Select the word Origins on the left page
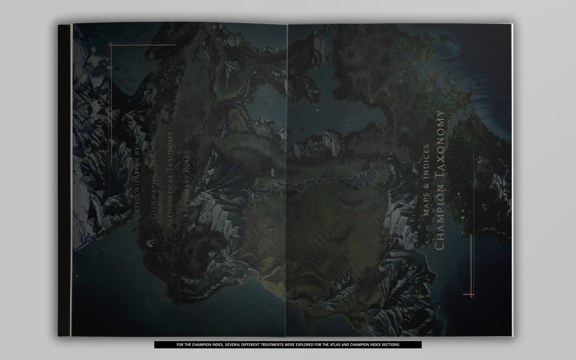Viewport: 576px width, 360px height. pos(153,155)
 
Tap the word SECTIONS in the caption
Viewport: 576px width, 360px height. pos(390,345)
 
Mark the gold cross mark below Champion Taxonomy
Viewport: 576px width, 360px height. pos(469,294)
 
